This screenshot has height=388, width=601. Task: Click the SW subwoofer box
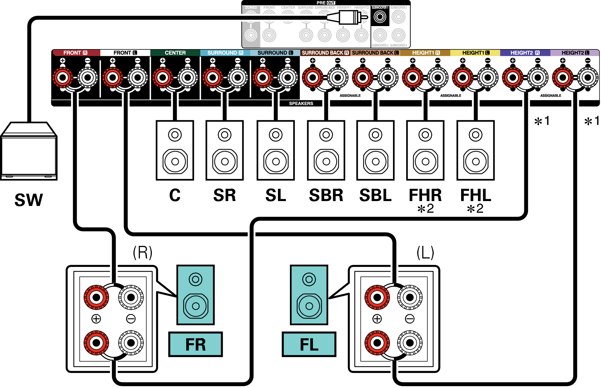pos(29,152)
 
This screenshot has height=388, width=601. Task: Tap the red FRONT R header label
pos(75,53)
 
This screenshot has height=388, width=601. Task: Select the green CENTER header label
pos(175,53)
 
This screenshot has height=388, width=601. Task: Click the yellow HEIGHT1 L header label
pos(475,53)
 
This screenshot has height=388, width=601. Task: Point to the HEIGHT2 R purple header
pos(525,53)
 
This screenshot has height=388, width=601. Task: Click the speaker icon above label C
pos(175,150)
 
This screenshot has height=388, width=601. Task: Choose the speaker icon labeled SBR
pos(326,150)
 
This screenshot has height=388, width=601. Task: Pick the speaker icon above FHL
pos(476,150)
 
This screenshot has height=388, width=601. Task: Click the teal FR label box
pos(195,344)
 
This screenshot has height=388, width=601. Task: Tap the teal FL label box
pos(309,344)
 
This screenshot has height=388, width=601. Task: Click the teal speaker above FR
pos(195,295)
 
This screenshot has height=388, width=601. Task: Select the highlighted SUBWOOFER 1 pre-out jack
pos(380,17)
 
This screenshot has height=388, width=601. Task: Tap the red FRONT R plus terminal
pos(63,78)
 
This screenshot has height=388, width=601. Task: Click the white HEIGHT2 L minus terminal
pos(588,78)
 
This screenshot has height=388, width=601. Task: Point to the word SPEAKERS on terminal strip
pos(301,103)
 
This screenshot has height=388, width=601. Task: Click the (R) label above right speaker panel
pos(142,253)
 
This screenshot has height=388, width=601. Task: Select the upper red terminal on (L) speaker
pos(377,297)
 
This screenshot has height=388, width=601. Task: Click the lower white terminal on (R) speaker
pos(131,343)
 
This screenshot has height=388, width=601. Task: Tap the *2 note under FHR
pos(426,209)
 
